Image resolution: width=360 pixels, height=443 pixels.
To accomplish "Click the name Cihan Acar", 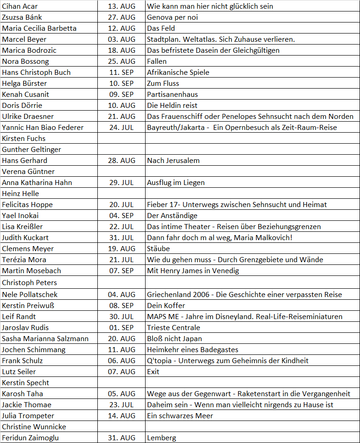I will [x=21, y=6].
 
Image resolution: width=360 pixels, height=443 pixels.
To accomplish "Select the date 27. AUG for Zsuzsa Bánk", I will [x=122, y=17].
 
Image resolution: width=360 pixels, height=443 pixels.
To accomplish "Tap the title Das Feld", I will [x=162, y=28].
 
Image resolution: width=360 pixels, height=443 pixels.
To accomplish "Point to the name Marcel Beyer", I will [x=24, y=39].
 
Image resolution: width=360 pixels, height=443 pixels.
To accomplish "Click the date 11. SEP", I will [x=122, y=73].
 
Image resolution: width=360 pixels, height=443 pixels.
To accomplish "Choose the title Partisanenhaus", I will [x=172, y=95].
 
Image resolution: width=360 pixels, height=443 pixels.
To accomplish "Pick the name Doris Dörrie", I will [x=22, y=106].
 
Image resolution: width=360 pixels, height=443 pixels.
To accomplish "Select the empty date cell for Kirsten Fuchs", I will [x=122, y=139].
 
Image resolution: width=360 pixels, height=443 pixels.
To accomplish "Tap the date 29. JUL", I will [x=122, y=183].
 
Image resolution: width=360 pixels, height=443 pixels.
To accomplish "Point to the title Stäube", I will [x=158, y=249].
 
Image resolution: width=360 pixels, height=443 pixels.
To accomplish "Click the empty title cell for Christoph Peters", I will [x=252, y=282].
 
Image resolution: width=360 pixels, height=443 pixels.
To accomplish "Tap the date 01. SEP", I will [x=122, y=328].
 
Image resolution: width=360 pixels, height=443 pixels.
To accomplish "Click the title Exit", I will [x=153, y=372].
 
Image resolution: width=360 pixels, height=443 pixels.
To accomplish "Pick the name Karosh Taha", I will [x=22, y=394].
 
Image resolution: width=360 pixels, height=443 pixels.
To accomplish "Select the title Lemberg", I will [x=161, y=438].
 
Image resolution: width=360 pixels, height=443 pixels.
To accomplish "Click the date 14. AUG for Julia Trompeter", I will [x=122, y=416].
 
